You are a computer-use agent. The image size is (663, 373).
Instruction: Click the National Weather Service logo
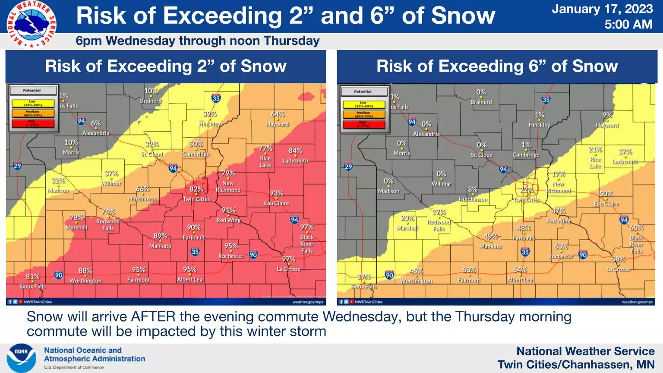click(x=31, y=24)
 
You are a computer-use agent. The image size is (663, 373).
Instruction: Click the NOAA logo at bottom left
click(x=21, y=358)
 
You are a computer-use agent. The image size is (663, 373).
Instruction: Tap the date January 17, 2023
click(x=602, y=9)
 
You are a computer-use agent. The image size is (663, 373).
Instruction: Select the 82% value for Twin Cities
click(x=196, y=189)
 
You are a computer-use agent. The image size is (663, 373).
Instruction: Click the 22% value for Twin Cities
click(x=527, y=190)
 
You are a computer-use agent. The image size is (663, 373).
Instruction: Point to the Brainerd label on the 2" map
click(x=151, y=101)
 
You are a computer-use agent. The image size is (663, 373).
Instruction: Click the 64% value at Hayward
click(x=278, y=114)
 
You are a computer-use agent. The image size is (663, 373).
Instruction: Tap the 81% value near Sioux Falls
click(x=33, y=276)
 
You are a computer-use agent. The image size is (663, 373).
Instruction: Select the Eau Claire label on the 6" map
click(x=606, y=204)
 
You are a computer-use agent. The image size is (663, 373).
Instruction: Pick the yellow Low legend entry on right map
click(x=363, y=104)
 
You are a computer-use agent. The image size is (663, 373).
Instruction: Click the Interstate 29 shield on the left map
click(x=17, y=166)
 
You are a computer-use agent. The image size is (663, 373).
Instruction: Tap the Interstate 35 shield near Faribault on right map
click(x=525, y=252)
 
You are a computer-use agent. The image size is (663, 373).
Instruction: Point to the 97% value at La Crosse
click(x=289, y=259)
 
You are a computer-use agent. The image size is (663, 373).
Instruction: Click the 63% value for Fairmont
click(x=469, y=270)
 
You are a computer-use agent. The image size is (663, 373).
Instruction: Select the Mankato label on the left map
click(x=160, y=246)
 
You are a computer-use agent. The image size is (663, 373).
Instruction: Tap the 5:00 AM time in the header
click(x=628, y=25)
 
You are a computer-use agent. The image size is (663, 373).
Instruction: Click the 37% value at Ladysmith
click(x=625, y=152)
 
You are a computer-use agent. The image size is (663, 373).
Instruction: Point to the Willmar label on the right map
click(x=441, y=184)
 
